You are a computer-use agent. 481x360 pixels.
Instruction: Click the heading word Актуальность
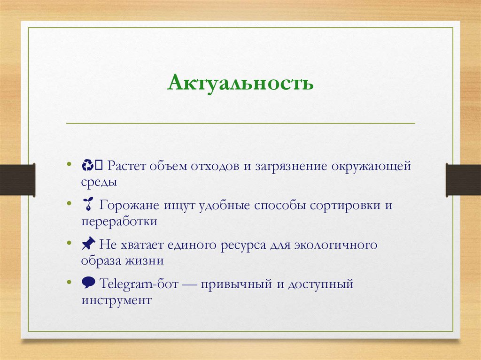240,84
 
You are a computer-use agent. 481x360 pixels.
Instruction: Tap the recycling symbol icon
87,165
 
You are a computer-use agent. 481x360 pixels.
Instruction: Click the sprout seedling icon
87,205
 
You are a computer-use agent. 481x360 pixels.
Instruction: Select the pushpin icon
88,244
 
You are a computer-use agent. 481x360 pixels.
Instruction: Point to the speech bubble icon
88,283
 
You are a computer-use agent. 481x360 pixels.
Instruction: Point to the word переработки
119,222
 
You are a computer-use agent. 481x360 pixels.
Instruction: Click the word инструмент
116,300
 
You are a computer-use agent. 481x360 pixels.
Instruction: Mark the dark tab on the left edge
17,180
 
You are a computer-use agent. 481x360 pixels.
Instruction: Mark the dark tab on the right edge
463,180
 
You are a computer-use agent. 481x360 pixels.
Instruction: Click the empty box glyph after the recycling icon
99,165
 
